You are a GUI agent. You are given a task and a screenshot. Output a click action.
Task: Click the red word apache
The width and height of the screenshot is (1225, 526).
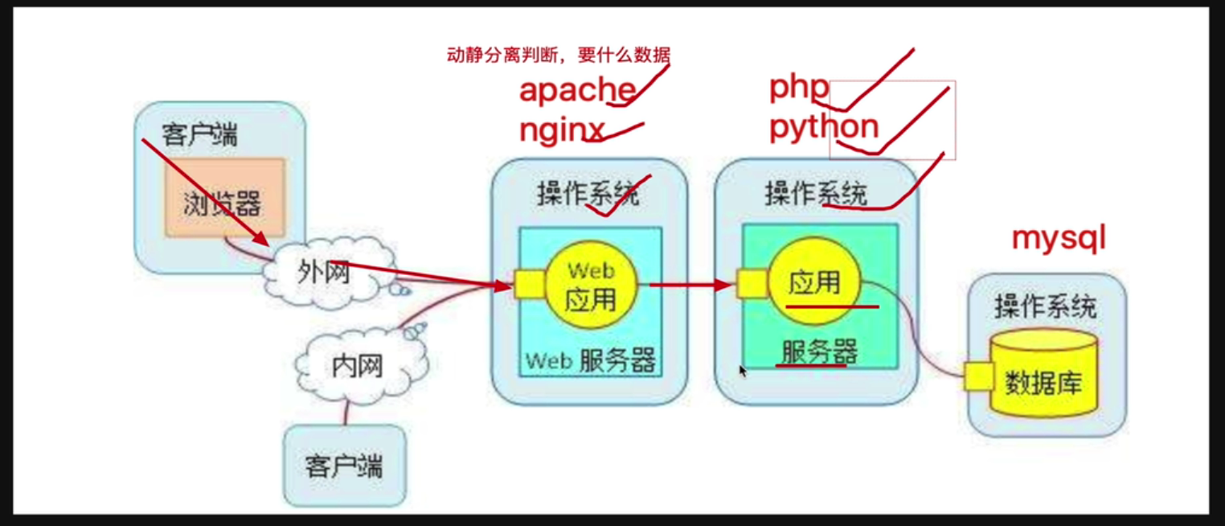click(x=577, y=89)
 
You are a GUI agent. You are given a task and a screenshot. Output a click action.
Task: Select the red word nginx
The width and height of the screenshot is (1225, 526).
click(x=562, y=129)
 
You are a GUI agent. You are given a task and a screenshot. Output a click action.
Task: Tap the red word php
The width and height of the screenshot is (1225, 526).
click(x=798, y=87)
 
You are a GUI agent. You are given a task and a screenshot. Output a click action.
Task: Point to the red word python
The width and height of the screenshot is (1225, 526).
click(x=824, y=126)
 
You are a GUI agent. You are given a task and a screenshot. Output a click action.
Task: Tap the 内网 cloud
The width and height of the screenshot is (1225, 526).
click(x=357, y=367)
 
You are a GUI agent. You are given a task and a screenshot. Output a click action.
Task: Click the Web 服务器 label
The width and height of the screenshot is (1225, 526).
click(x=591, y=360)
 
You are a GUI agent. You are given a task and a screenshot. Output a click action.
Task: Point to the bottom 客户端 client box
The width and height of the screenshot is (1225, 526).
click(x=344, y=466)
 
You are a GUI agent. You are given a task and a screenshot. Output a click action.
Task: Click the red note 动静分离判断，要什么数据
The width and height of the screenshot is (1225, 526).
click(x=558, y=55)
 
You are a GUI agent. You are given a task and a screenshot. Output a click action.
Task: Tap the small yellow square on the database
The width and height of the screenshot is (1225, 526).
click(x=978, y=376)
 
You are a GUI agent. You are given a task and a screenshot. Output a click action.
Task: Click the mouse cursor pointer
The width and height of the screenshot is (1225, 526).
click(x=742, y=370)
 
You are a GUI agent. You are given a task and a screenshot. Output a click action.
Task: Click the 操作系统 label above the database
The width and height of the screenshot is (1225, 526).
click(x=1045, y=307)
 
